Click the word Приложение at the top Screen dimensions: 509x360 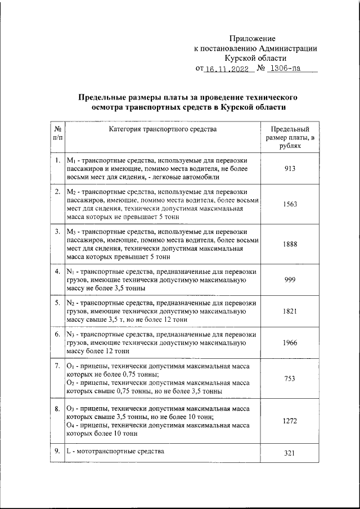click(x=252, y=38)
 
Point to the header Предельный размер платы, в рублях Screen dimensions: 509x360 click(x=290, y=137)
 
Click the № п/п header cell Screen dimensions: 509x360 click(x=57, y=133)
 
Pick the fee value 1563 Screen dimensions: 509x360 click(x=290, y=205)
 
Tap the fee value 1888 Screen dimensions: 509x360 click(x=290, y=244)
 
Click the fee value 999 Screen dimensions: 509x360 click(x=290, y=280)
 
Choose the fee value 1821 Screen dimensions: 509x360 click(x=290, y=310)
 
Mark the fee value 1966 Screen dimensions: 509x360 click(x=290, y=342)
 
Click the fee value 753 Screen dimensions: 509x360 click(x=290, y=379)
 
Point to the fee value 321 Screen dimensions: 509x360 click(x=290, y=454)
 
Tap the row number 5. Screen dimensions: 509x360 click(x=57, y=303)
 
